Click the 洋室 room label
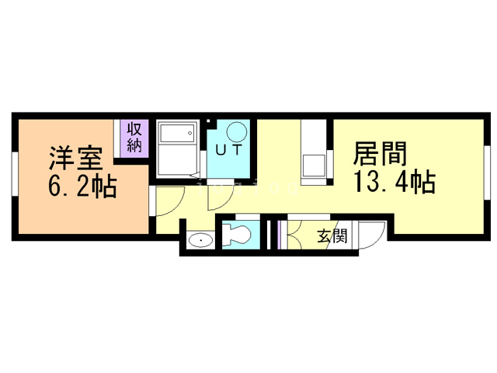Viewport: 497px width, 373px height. tap(76, 158)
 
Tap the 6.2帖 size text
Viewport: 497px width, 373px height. tap(82, 186)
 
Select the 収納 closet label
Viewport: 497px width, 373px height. tap(134, 138)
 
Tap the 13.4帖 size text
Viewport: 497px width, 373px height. tap(394, 183)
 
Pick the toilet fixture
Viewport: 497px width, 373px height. tap(238, 234)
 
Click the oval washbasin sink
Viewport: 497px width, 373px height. tap(201, 240)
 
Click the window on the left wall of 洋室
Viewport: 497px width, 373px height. tap(14, 178)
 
